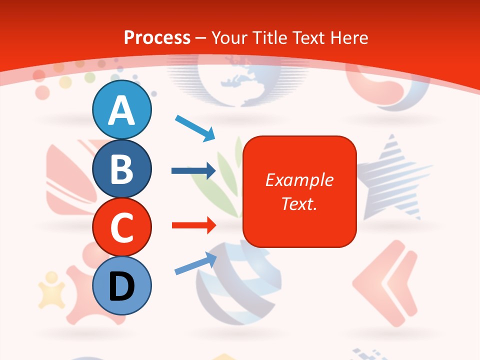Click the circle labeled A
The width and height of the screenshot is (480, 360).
(122, 109)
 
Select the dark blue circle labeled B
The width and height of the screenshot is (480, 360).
(122, 168)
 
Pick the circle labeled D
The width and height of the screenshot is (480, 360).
(122, 285)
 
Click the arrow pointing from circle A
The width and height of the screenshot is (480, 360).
(195, 127)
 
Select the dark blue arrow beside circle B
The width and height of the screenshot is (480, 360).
(193, 171)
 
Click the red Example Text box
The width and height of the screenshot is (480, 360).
(299, 191)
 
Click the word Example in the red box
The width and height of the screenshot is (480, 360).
(299, 180)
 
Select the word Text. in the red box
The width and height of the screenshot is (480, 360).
(299, 203)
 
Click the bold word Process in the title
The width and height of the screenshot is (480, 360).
(157, 37)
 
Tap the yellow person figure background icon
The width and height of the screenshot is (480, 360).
(52, 289)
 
